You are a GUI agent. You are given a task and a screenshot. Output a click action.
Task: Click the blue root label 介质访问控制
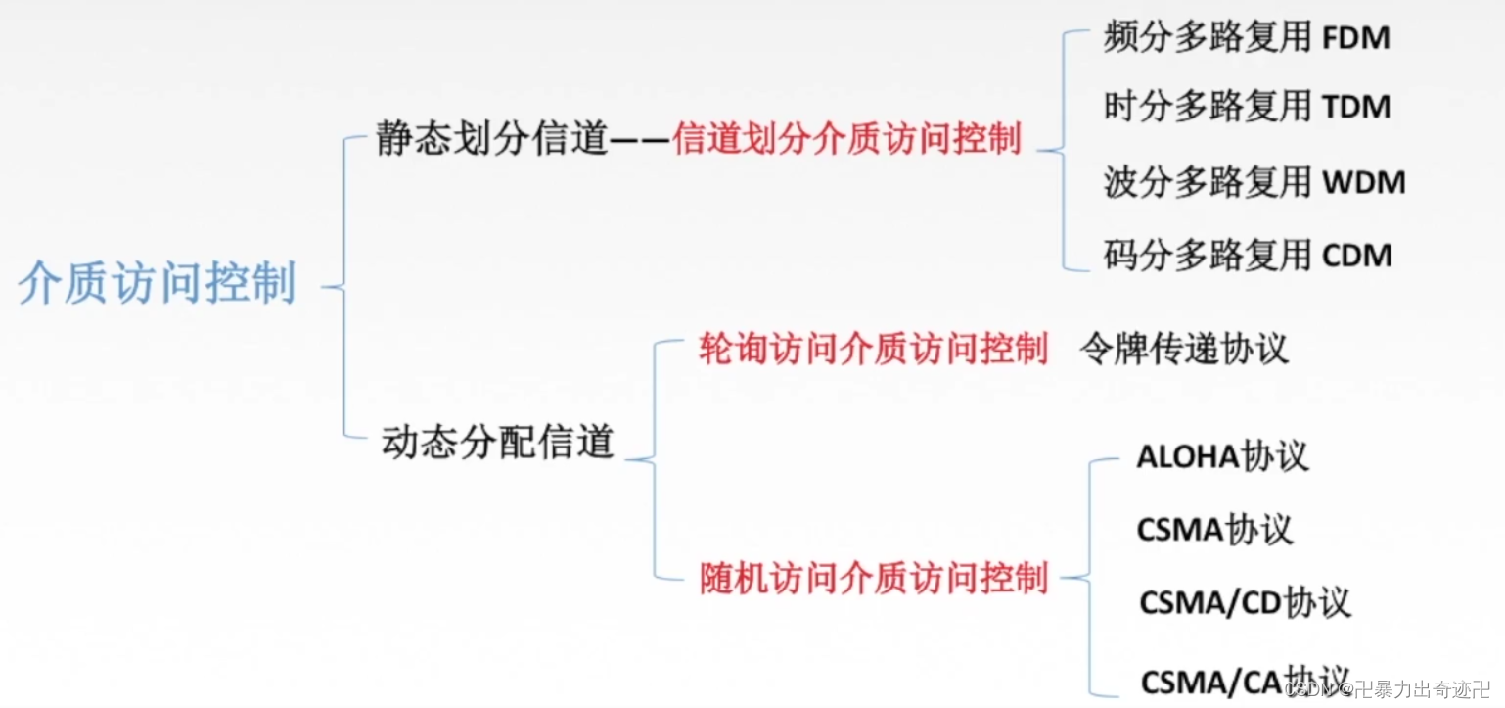coord(157,284)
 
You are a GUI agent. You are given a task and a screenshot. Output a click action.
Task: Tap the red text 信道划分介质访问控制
coord(847,140)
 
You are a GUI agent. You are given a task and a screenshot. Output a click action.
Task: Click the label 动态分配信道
coord(497,442)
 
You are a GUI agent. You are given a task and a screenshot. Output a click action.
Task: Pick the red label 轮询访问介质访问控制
coord(873,350)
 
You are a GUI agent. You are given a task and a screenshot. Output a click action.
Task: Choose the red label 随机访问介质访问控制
coord(873,578)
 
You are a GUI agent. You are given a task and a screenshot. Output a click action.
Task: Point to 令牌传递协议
coord(1184,349)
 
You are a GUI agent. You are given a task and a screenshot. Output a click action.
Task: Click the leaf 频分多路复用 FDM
coord(1247,38)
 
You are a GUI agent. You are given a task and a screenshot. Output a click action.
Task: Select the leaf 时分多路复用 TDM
coord(1247,106)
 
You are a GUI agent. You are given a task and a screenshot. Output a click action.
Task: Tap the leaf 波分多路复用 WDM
coord(1254,182)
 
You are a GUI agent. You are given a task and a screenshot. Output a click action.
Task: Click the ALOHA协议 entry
coord(1222,457)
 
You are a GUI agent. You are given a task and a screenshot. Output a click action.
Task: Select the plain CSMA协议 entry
coord(1214,530)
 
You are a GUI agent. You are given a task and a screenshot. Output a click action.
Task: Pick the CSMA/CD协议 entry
coord(1245,601)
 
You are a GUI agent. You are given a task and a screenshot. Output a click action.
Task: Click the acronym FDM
coord(1356,39)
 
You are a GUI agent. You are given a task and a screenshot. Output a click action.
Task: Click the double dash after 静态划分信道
coord(639,141)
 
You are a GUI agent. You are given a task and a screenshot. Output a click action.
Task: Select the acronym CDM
coord(1357,257)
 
